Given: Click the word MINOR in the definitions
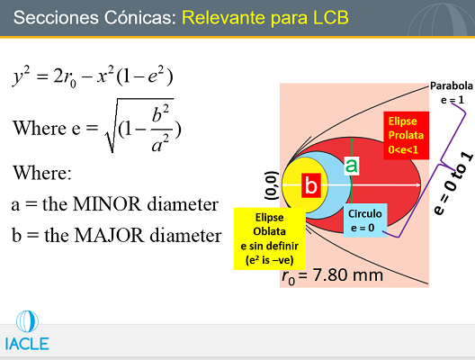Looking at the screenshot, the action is tap(107, 204).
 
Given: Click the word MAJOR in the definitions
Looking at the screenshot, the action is tap(110, 235).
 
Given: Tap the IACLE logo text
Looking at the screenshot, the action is tap(27, 344).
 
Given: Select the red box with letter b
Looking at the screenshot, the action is tap(311, 185).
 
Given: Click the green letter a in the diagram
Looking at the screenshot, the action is tap(352, 166).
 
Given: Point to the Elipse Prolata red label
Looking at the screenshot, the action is tap(406, 135).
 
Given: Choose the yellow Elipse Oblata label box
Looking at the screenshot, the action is tap(269, 238).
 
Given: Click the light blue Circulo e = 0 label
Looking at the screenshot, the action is tap(365, 220).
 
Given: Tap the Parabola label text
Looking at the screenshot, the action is tap(451, 85).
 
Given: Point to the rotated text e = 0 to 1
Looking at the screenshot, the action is tap(453, 184).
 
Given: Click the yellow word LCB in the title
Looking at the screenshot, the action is tap(330, 18).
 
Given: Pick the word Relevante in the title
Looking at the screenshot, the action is tap(224, 18).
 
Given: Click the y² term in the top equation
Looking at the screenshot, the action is tap(22, 76).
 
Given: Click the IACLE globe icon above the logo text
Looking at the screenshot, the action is tap(27, 321).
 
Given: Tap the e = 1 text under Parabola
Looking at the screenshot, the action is tap(453, 100).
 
